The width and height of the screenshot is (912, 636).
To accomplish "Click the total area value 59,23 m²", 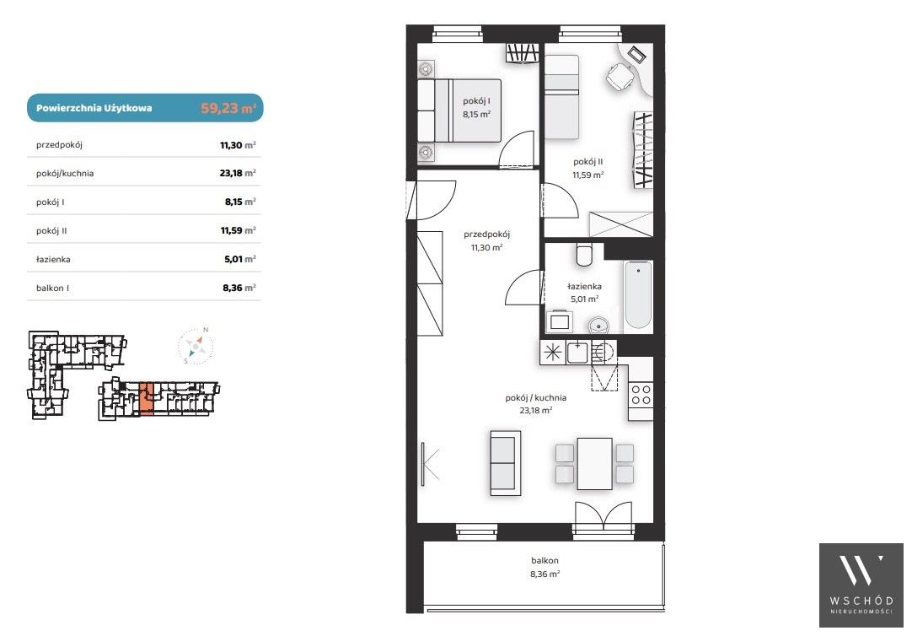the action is pyautogui.click(x=228, y=108).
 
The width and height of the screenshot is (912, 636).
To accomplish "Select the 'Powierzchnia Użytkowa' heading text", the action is pyautogui.click(x=94, y=108).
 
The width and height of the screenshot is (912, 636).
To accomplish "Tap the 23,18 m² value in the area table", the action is pyautogui.click(x=238, y=173).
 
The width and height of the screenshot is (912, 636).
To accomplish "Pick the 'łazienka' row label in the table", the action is pyautogui.click(x=53, y=260).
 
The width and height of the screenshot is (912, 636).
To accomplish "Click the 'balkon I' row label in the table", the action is pyautogui.click(x=52, y=288).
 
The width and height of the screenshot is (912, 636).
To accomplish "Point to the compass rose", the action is pyautogui.click(x=196, y=346).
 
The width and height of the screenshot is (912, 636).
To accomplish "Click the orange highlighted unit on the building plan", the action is pyautogui.click(x=147, y=399).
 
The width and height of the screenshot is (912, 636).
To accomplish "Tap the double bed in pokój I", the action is pyautogui.click(x=459, y=110).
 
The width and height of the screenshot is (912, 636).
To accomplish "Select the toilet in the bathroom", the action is pyautogui.click(x=584, y=254).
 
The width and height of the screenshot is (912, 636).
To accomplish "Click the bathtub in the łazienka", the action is pyautogui.click(x=638, y=295).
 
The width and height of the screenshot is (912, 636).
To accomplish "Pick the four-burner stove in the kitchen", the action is pyautogui.click(x=641, y=395).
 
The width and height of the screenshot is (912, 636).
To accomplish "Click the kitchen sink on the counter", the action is pyautogui.click(x=577, y=352).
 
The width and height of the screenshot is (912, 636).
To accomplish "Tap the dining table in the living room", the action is pyautogui.click(x=594, y=464).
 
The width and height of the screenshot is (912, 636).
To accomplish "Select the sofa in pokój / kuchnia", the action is pyautogui.click(x=506, y=463).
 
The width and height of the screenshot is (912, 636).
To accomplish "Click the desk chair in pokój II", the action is pyautogui.click(x=620, y=76).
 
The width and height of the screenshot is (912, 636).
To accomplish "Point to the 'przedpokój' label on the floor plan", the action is pyautogui.click(x=487, y=234).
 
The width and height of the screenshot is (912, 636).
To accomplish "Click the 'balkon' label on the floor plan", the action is pyautogui.click(x=545, y=560).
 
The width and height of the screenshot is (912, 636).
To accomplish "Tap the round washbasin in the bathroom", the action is pyautogui.click(x=598, y=325).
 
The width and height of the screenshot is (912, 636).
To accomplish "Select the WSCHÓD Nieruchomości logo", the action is pyautogui.click(x=861, y=585).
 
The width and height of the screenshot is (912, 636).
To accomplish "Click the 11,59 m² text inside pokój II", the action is pyautogui.click(x=588, y=175).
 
